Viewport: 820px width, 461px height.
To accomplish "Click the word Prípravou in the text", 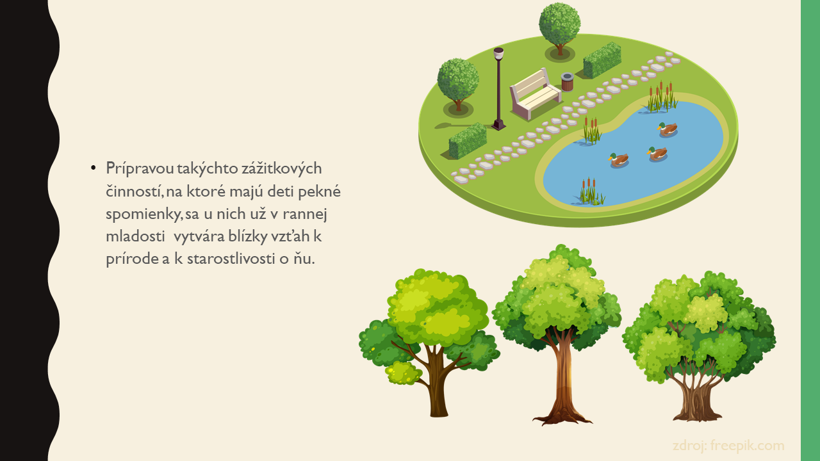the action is point(140,168).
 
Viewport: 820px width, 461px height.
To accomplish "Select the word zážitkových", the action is point(281,168).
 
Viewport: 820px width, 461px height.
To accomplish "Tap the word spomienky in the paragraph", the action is point(143,214).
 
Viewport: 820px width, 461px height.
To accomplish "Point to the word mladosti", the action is point(135,236).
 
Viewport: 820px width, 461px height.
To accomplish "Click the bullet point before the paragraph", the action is point(94,168).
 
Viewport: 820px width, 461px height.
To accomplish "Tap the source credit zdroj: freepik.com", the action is point(728,446).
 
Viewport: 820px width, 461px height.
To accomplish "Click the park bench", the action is point(534,94).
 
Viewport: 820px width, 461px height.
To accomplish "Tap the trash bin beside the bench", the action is point(567,82).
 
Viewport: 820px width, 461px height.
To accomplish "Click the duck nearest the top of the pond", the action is point(668,129).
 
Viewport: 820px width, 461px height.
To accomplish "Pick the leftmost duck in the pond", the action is point(619,159).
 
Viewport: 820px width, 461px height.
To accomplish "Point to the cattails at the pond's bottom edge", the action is point(591,191).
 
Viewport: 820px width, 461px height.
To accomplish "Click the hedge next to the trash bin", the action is point(602,60).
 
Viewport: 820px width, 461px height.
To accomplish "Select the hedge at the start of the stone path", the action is point(468,141).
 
